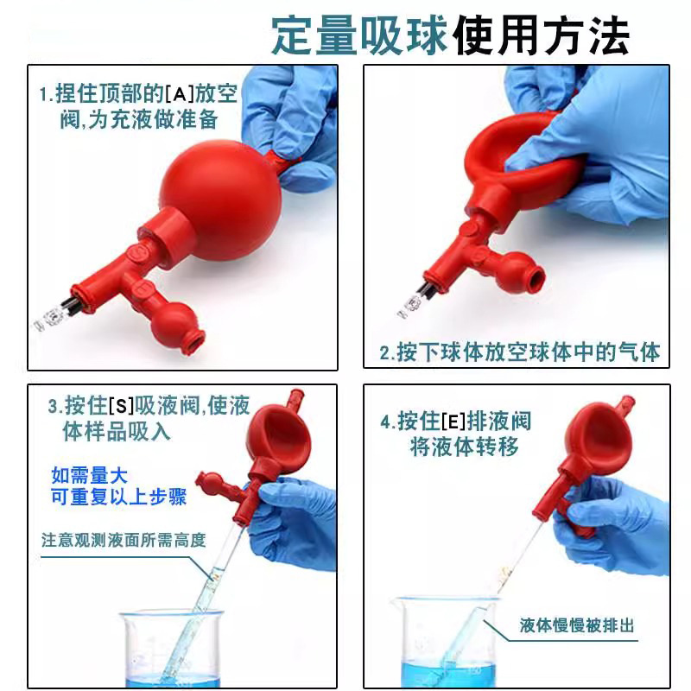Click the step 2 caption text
[520, 352]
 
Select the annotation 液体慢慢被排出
[577, 624]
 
